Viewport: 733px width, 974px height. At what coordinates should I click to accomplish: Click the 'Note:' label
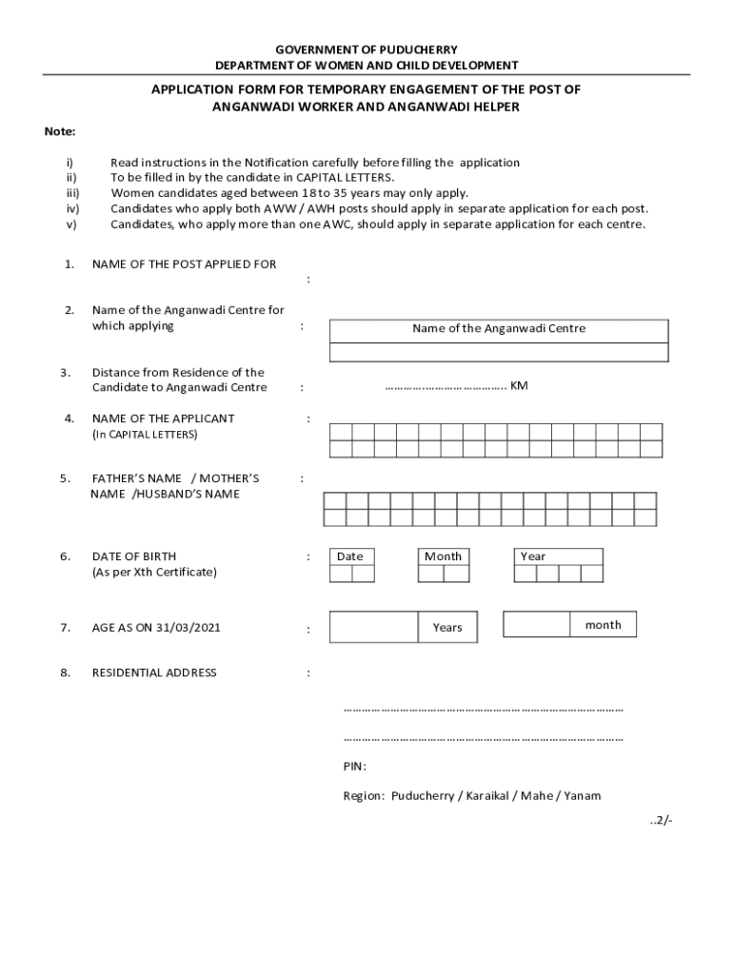tap(60, 131)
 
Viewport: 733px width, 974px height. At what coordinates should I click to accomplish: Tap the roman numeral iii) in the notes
tap(71, 193)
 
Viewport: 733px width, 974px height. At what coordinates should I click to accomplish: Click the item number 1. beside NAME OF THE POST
tap(69, 264)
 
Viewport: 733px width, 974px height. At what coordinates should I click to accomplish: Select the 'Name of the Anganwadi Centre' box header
tap(499, 329)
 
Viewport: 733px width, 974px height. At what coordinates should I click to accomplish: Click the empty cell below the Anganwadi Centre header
tap(499, 352)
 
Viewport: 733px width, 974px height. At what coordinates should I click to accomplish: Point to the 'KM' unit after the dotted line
tap(519, 386)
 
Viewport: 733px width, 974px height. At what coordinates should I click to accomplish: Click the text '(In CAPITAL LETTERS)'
tap(145, 435)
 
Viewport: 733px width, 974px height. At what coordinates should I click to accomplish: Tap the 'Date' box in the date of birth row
tap(349, 556)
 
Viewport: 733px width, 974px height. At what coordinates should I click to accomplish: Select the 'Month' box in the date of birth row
tap(443, 556)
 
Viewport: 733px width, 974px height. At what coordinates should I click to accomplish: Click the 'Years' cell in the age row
tap(447, 628)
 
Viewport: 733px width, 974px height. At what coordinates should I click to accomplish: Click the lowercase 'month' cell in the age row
tap(604, 625)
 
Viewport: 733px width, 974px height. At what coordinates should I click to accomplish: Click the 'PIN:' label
tap(354, 767)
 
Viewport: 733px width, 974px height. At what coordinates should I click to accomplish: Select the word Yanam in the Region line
tap(583, 796)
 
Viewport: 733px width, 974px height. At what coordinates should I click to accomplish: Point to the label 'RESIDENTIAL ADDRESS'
tap(154, 673)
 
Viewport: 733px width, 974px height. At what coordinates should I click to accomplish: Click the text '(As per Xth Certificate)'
tap(154, 573)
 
